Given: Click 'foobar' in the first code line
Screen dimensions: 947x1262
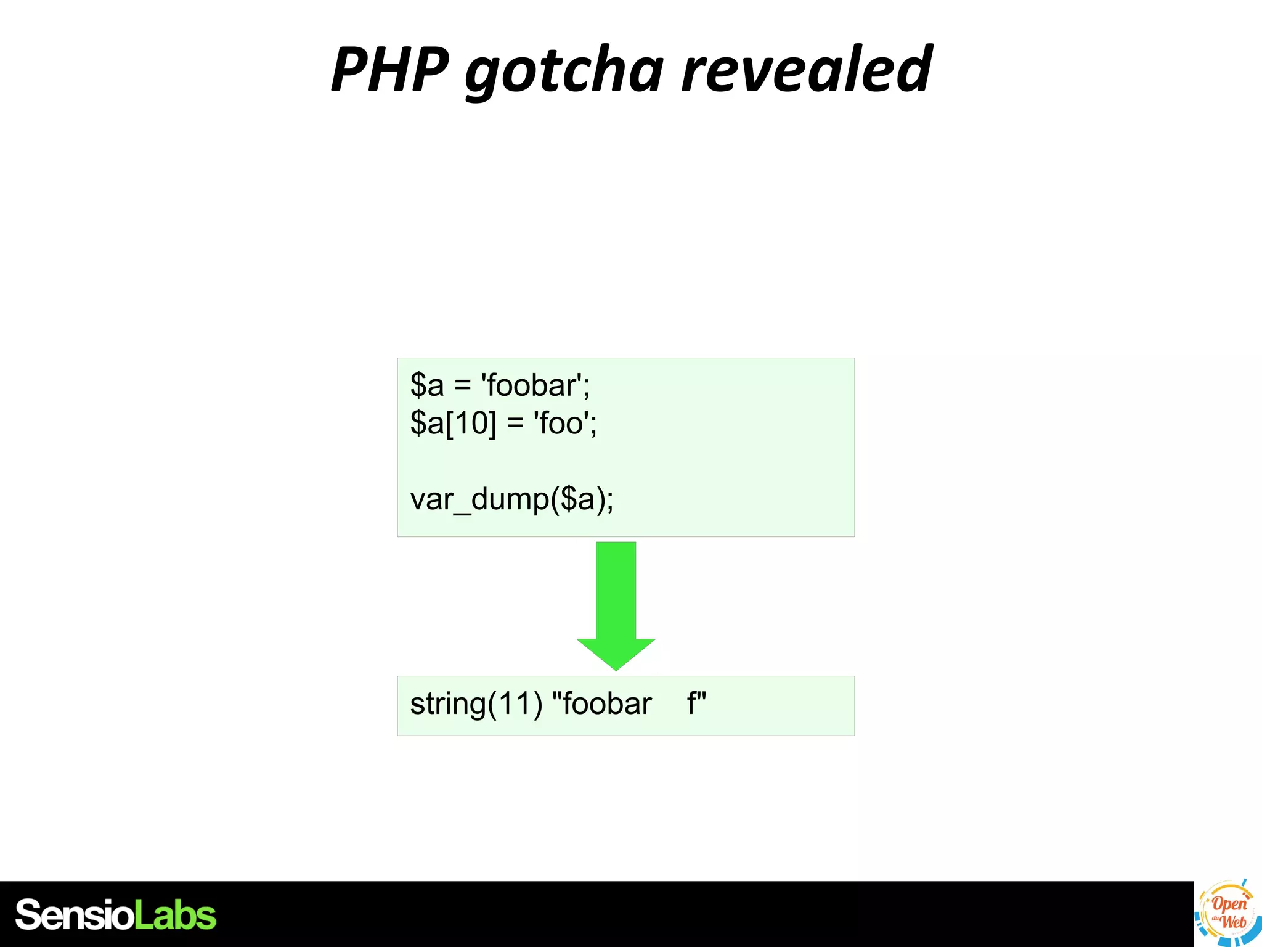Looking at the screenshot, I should pyautogui.click(x=534, y=385).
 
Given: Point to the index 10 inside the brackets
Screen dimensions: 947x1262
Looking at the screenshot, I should pyautogui.click(x=471, y=424).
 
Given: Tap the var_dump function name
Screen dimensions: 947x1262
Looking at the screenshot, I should pyautogui.click(x=479, y=499).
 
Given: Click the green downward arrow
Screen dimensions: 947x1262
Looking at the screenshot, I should pyautogui.click(x=616, y=598).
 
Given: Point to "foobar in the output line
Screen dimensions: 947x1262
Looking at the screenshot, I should pyautogui.click(x=601, y=704).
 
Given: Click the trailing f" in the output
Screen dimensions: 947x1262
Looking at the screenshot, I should pyautogui.click(x=696, y=703).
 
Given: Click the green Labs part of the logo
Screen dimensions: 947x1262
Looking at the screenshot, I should pyautogui.click(x=175, y=915).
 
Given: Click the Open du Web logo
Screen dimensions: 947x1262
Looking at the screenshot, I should pyautogui.click(x=1227, y=913).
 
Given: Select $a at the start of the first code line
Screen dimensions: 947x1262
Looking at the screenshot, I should pyautogui.click(x=426, y=385).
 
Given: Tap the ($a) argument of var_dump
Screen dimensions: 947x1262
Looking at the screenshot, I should pyautogui.click(x=577, y=499).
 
